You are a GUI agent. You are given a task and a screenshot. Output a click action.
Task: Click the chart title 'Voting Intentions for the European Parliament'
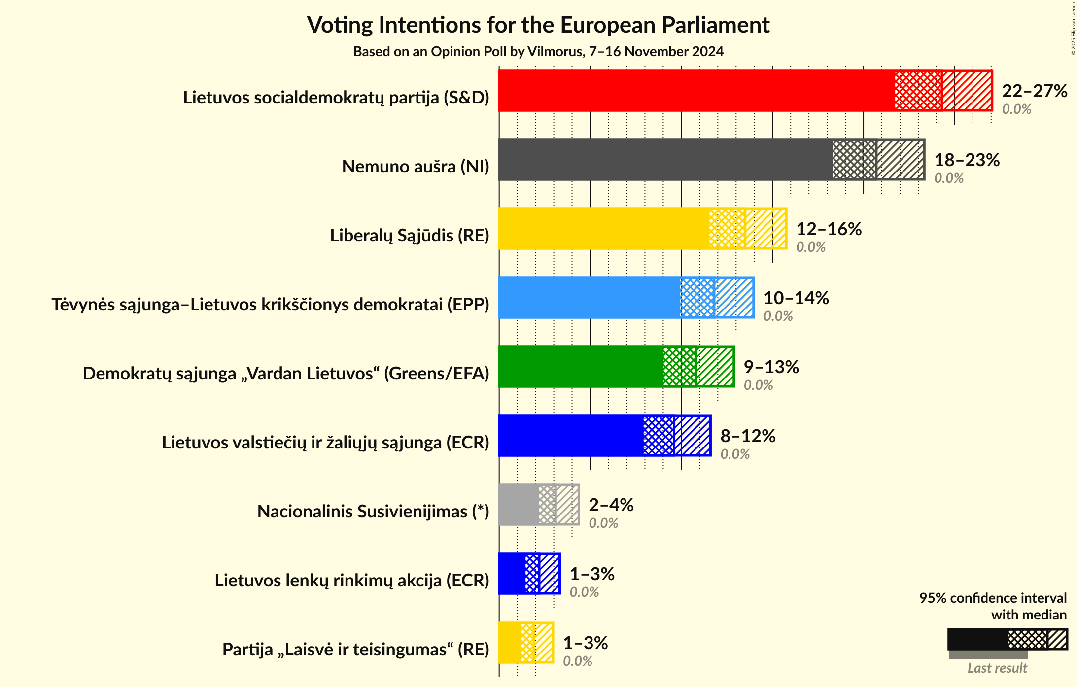(x=538, y=25)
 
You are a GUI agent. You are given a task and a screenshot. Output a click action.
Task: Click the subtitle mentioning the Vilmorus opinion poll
(x=538, y=52)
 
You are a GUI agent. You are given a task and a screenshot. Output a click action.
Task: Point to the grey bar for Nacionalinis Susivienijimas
(x=518, y=505)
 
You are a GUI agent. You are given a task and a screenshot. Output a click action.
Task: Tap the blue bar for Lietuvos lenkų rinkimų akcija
(x=512, y=574)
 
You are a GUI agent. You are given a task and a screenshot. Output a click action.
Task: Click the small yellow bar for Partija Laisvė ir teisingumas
(x=509, y=643)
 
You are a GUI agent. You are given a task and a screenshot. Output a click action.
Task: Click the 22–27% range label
(x=1034, y=91)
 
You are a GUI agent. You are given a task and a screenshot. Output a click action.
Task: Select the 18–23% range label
(x=967, y=160)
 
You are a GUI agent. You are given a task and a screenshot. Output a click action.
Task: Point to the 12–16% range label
(x=829, y=229)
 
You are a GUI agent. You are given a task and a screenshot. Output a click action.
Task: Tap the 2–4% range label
(x=611, y=505)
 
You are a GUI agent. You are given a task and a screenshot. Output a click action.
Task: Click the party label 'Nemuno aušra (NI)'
(x=416, y=167)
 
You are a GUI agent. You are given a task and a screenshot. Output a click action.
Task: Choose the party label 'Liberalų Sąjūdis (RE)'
(x=410, y=236)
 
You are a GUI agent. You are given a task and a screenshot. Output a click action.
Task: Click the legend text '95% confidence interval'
(x=992, y=598)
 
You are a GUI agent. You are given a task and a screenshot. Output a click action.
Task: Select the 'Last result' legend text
(x=997, y=668)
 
